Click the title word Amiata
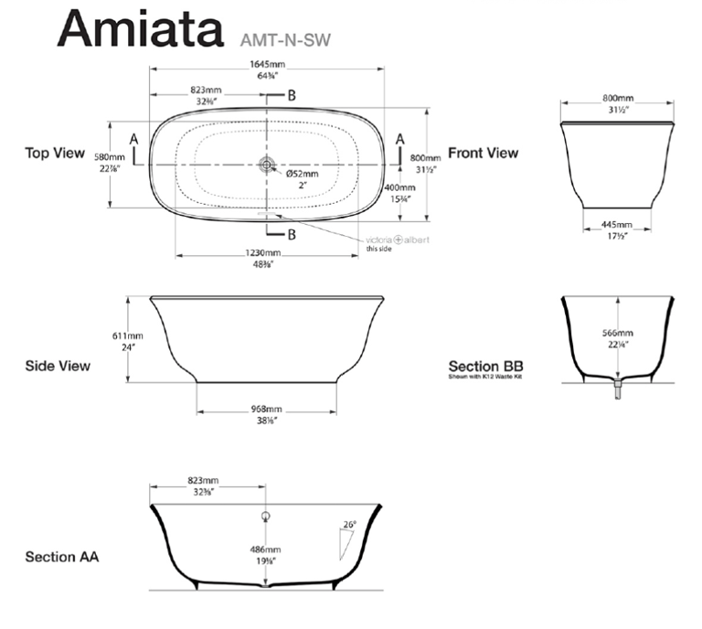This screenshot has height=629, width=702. pyautogui.click(x=140, y=30)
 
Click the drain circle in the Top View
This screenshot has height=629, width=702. pyautogui.click(x=267, y=165)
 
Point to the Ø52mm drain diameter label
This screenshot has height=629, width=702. pyautogui.click(x=303, y=174)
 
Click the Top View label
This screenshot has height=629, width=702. pyautogui.click(x=55, y=154)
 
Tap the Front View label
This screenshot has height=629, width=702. pyautogui.click(x=483, y=154)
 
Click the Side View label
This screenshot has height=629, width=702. pyautogui.click(x=58, y=366)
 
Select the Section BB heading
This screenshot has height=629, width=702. pyautogui.click(x=485, y=366)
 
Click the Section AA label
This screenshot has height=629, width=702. pyautogui.click(x=61, y=556)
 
